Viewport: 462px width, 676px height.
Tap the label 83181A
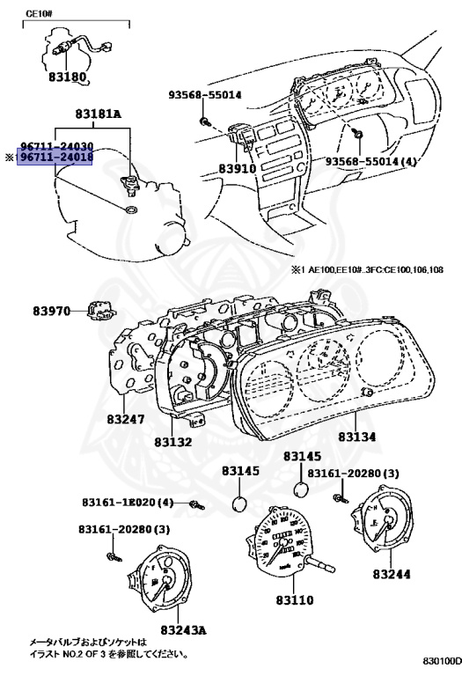point(98,114)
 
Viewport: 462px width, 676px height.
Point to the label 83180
point(67,77)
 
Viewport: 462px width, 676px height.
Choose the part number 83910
point(236,167)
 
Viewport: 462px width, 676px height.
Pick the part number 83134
point(361,437)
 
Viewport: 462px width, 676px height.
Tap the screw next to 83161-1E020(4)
point(196,504)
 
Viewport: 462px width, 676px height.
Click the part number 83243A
point(183,630)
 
